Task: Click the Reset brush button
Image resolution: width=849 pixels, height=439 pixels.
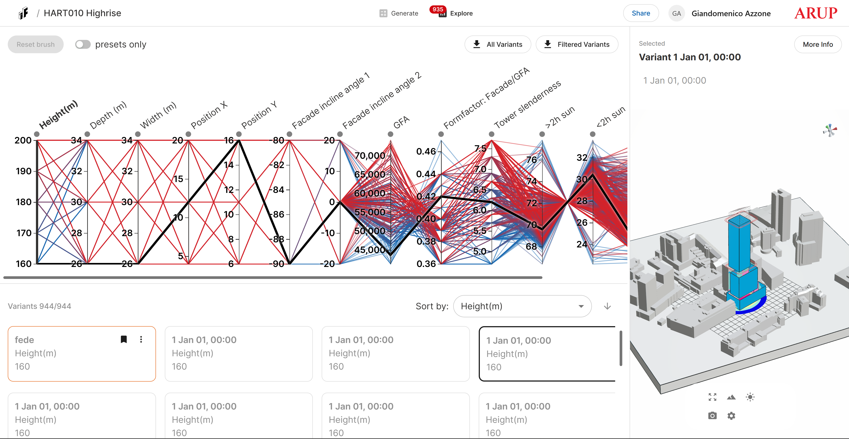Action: [35, 45]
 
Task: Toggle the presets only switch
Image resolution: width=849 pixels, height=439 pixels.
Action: [83, 45]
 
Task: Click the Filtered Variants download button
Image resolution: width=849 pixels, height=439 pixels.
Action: [577, 45]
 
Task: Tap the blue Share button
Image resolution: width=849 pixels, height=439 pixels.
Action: [641, 13]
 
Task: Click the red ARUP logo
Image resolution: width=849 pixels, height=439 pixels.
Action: [815, 13]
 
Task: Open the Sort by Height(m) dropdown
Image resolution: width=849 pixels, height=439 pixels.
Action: [522, 306]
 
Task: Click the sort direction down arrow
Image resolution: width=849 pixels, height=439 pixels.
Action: [607, 306]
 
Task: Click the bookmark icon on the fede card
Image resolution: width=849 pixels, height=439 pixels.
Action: [124, 339]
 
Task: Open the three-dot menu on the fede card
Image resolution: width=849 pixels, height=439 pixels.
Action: [141, 339]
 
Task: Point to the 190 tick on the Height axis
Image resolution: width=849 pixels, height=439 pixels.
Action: [24, 171]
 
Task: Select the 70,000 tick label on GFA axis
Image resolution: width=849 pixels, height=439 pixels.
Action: [370, 155]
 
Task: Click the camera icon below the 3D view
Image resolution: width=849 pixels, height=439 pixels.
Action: [712, 416]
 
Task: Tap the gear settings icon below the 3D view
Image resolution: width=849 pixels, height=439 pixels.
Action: [731, 416]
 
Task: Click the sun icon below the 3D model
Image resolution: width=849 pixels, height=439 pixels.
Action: [750, 397]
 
